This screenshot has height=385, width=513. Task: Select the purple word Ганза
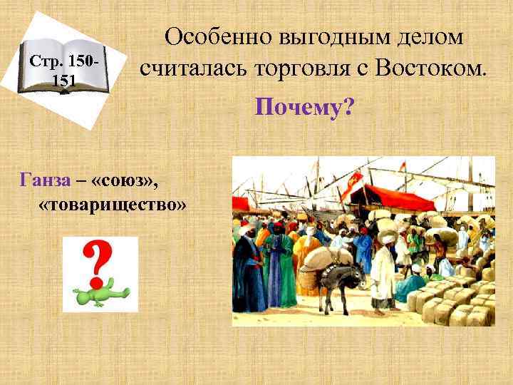click(x=46, y=180)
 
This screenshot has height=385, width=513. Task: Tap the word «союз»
click(x=126, y=180)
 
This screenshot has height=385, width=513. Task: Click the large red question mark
click(x=100, y=261)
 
